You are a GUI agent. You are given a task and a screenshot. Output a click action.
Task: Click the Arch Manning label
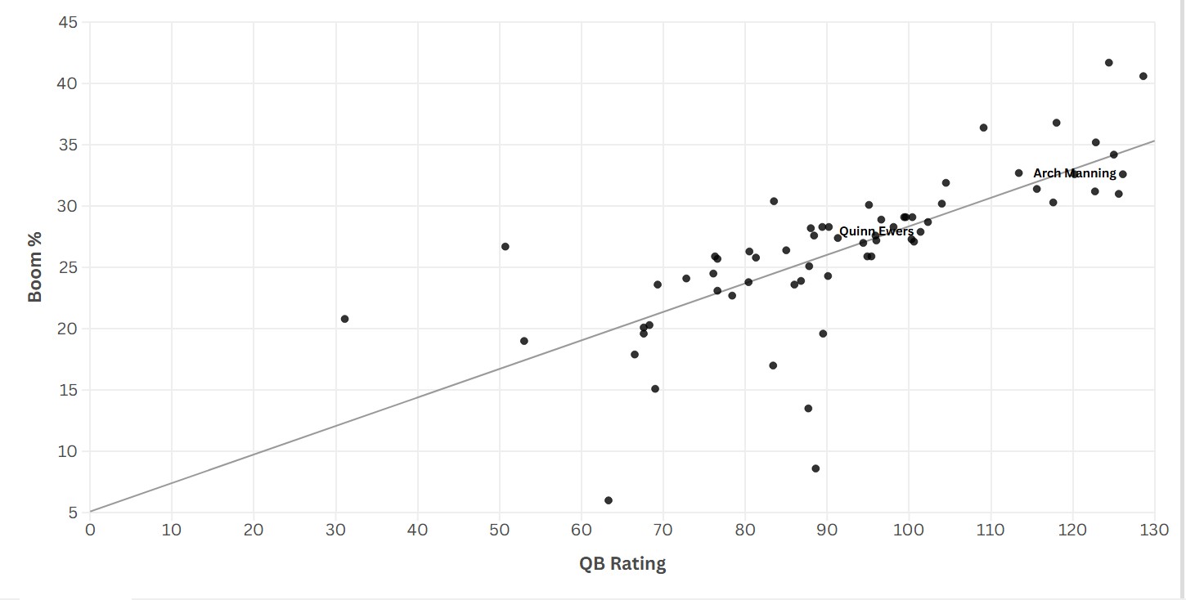1074,173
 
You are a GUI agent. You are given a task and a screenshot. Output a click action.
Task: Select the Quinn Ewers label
876,231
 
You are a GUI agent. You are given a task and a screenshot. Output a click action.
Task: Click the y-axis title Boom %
35,267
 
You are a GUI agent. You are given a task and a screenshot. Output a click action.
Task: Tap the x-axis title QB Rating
622,563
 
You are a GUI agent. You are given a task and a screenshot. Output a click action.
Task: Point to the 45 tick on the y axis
68,22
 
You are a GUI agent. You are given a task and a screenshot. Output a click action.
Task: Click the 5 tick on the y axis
72,513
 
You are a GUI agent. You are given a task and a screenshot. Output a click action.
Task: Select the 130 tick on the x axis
1154,530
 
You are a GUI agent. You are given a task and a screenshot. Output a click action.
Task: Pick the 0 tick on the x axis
90,530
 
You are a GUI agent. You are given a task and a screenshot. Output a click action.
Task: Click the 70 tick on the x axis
663,530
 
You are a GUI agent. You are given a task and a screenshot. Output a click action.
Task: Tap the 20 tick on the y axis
68,329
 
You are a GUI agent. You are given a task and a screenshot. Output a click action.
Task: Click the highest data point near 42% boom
1108,63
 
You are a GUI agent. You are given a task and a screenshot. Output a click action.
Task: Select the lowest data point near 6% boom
608,500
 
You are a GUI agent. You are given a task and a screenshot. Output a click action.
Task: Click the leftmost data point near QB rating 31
344,319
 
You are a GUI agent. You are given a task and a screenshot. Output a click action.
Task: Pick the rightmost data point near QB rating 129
1143,76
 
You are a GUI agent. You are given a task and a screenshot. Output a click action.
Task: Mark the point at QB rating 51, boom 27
505,247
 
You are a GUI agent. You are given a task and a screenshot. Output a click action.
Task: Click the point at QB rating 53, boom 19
523,341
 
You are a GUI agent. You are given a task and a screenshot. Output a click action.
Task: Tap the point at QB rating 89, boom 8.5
815,468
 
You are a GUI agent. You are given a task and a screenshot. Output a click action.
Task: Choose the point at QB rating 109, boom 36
983,128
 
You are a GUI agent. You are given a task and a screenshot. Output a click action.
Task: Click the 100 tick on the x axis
909,530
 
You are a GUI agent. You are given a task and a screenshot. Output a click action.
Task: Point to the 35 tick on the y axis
68,145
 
